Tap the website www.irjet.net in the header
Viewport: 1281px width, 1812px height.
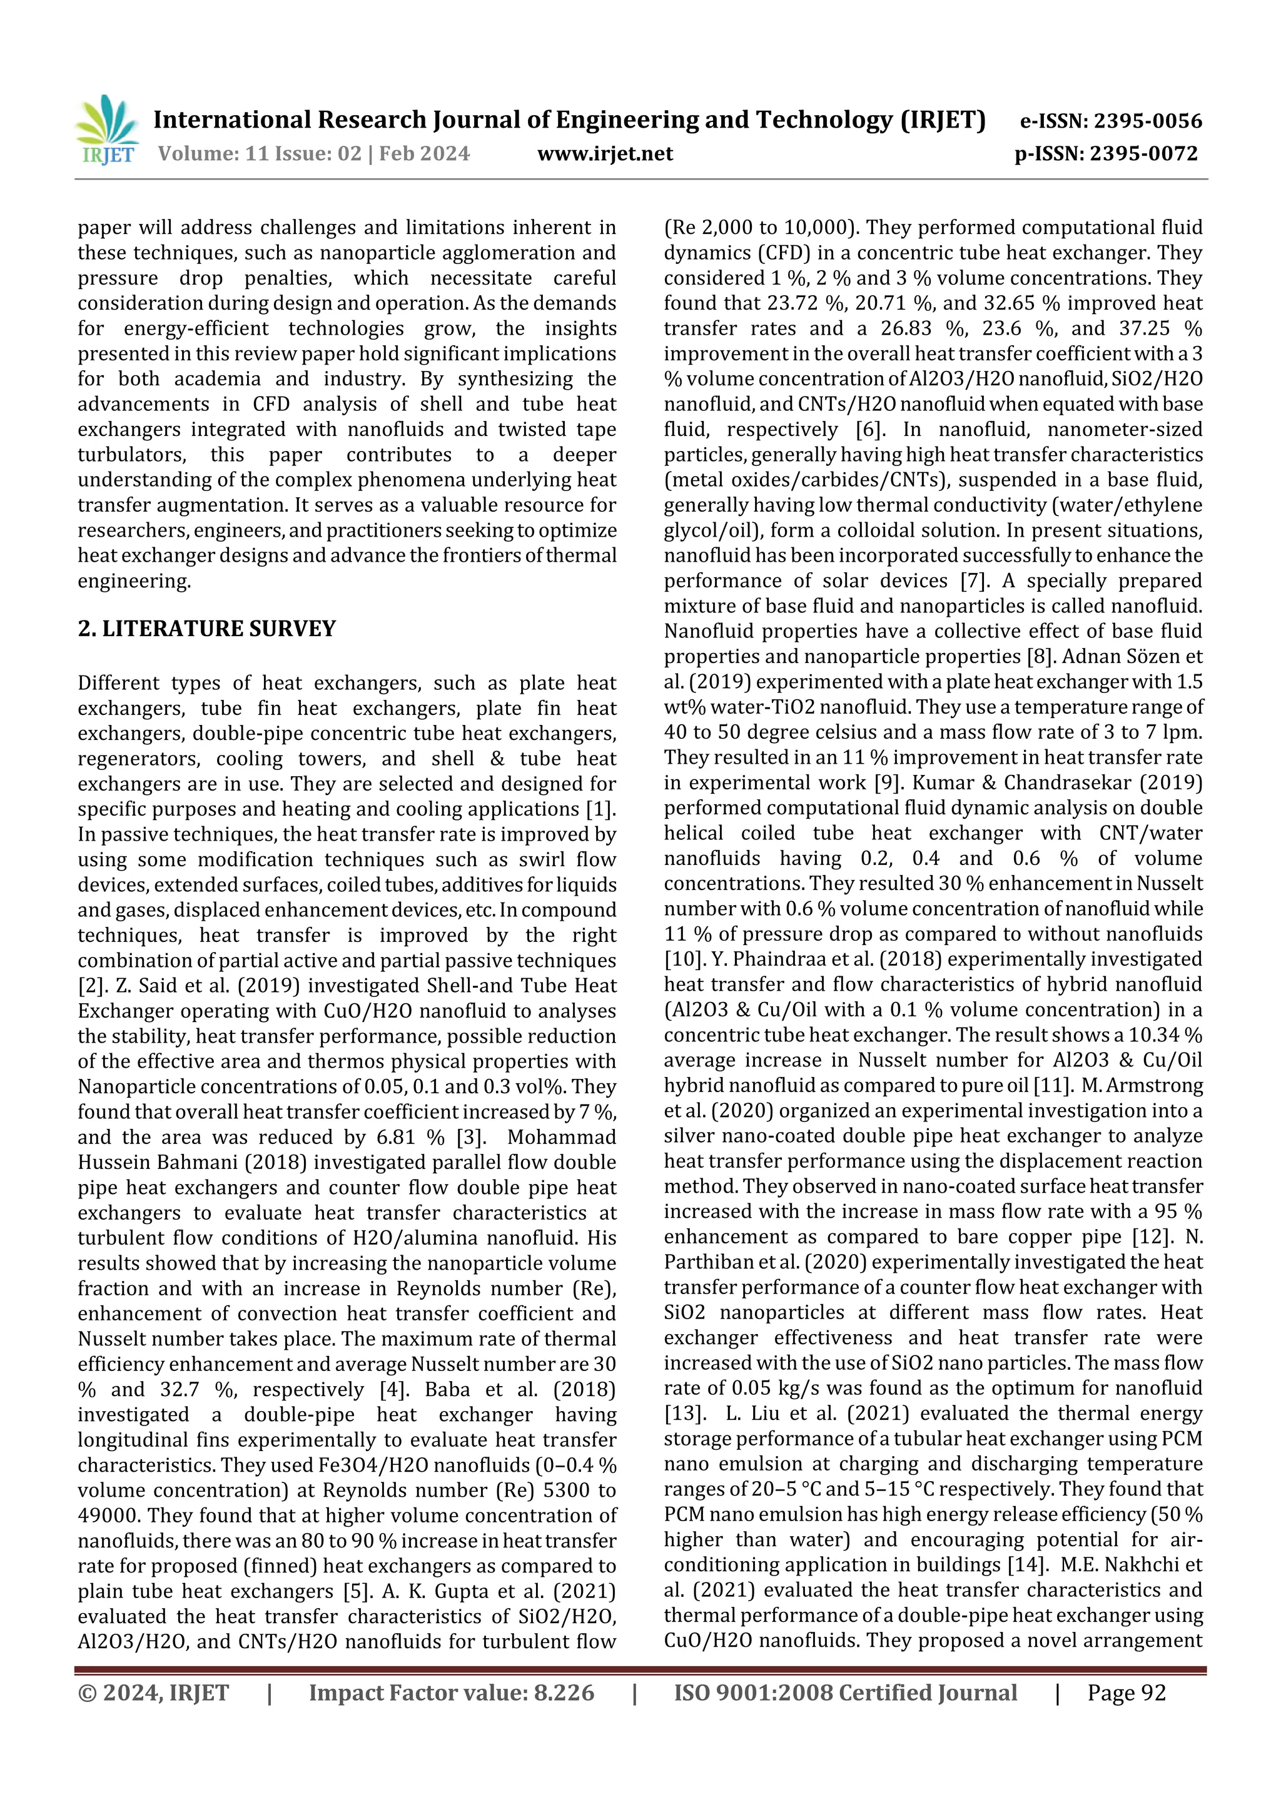click(x=605, y=154)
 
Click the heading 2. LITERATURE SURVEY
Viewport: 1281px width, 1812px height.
click(x=207, y=629)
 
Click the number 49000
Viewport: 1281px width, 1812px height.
click(x=108, y=1516)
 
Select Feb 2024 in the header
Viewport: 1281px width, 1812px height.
click(x=424, y=154)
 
